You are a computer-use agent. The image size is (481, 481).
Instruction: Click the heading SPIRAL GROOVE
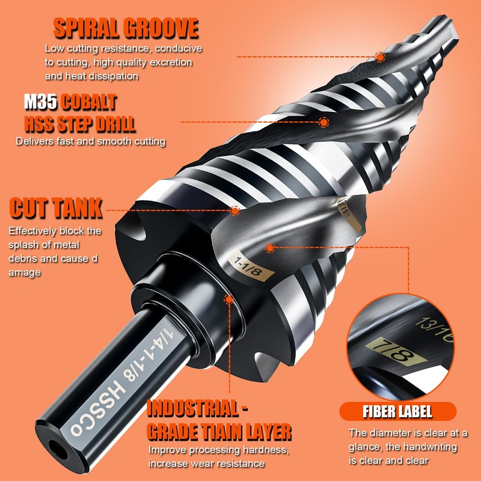(x=126, y=28)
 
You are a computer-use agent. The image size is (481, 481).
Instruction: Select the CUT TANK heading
(x=56, y=209)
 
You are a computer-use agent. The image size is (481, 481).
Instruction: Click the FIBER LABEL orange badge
(x=397, y=412)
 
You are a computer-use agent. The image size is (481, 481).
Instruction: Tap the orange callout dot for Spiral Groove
(x=380, y=57)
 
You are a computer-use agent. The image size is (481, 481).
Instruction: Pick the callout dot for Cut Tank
(x=235, y=210)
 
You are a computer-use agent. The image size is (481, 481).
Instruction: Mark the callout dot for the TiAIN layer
(x=228, y=299)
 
